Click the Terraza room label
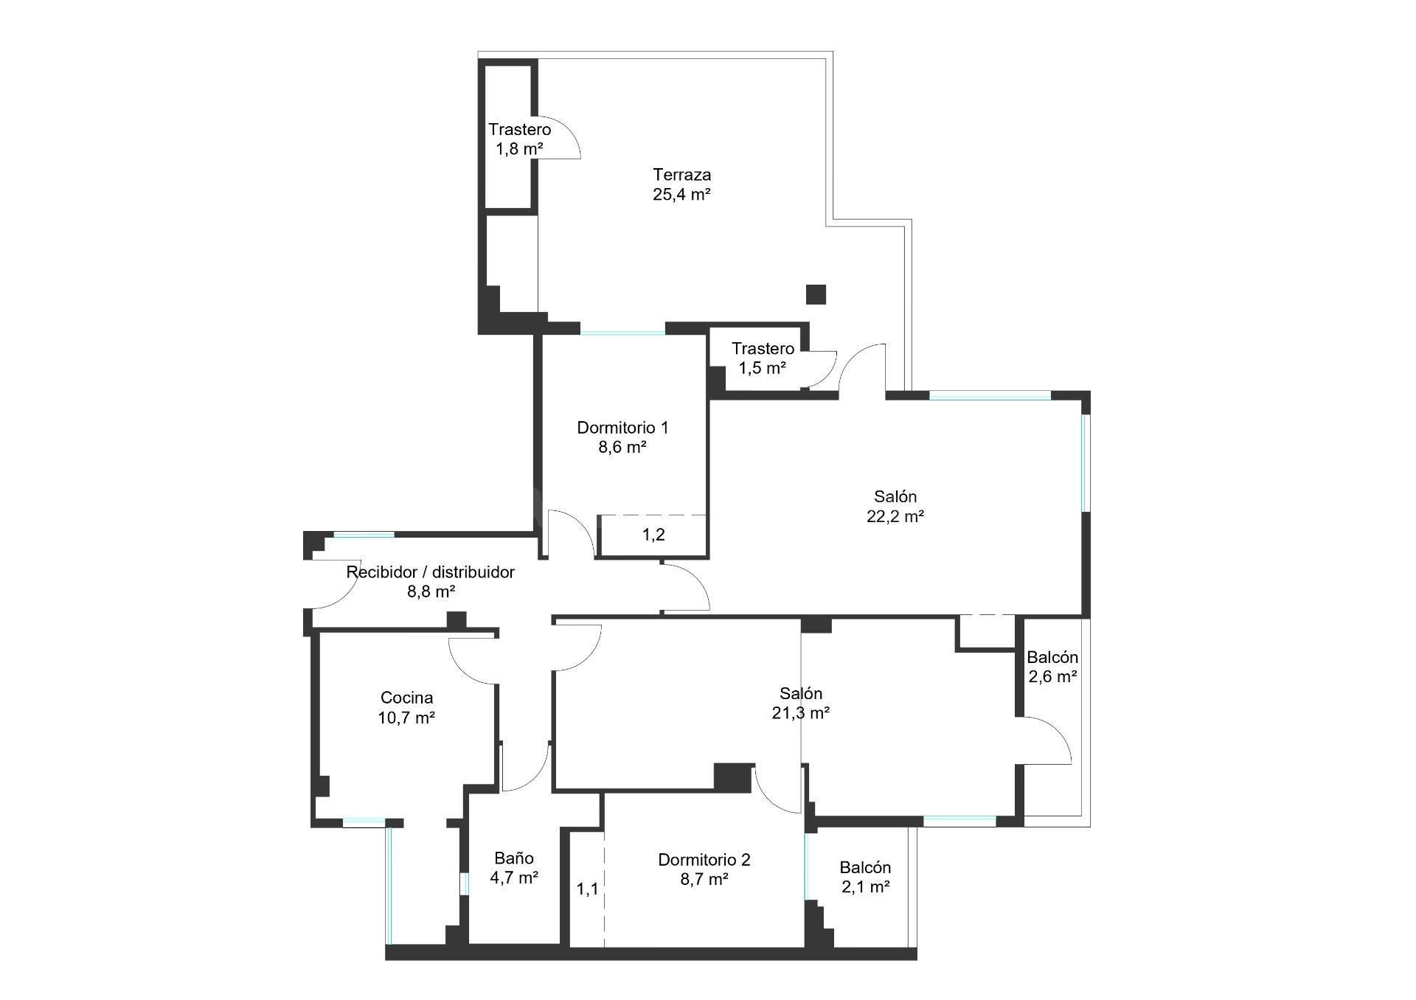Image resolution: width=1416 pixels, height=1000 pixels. pyautogui.click(x=681, y=175)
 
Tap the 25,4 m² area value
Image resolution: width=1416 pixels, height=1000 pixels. pyautogui.click(x=681, y=195)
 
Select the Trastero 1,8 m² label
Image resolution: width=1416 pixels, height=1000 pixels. pyautogui.click(x=519, y=139)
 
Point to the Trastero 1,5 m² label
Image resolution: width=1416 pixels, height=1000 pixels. pyautogui.click(x=763, y=358)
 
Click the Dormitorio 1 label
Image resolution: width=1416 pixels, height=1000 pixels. pyautogui.click(x=622, y=428)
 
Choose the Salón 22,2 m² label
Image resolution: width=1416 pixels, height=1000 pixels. pyautogui.click(x=895, y=506)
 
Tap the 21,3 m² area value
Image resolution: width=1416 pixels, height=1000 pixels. pyautogui.click(x=801, y=713)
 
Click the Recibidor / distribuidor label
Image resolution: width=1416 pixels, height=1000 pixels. pyautogui.click(x=431, y=572)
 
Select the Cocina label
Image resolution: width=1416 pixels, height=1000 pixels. pyautogui.click(x=406, y=698)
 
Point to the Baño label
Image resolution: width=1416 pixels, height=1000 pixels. pyautogui.click(x=514, y=858)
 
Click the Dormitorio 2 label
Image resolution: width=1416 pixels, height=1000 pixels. pyautogui.click(x=704, y=860)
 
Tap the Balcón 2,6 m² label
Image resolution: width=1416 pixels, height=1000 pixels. pyautogui.click(x=1052, y=667)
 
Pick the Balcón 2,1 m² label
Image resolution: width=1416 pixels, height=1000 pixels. pyautogui.click(x=865, y=878)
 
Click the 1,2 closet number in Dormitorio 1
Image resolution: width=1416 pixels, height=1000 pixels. pyautogui.click(x=653, y=535)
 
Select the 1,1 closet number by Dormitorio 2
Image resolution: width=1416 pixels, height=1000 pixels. pyautogui.click(x=587, y=889)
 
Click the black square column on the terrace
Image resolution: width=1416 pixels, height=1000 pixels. pyautogui.click(x=816, y=294)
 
